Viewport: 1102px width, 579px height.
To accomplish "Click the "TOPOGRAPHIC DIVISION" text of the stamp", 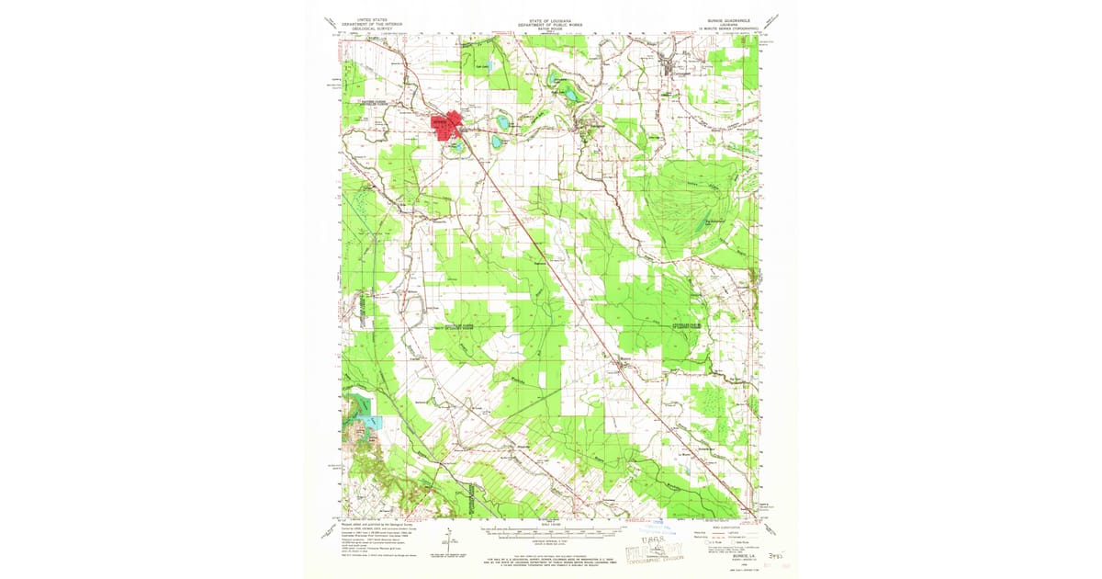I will point(668,560).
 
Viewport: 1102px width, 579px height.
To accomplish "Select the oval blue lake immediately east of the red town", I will point(502,119).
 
